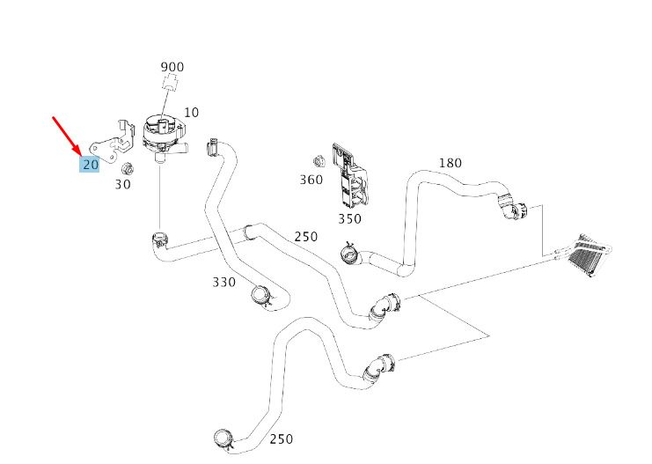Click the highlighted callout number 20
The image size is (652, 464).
[x=90, y=164]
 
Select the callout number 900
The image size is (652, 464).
[x=172, y=67]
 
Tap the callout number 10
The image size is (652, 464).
[x=191, y=113]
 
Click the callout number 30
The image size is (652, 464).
[x=123, y=184]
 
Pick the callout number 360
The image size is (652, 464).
[x=311, y=180]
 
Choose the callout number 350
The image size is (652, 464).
[x=349, y=218]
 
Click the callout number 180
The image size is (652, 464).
[x=450, y=163]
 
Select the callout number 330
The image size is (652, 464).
[x=223, y=282]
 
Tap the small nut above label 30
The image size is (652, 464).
[x=126, y=167]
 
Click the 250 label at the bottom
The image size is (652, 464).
[x=281, y=439]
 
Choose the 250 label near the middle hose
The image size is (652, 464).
[x=305, y=236]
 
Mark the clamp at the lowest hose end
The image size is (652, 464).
[x=223, y=437]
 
